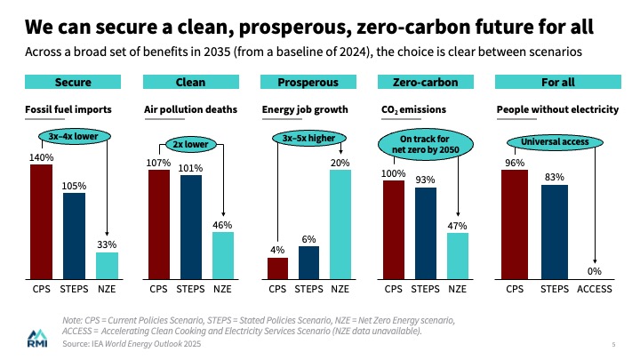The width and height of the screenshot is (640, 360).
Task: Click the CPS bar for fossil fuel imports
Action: [x=42, y=221]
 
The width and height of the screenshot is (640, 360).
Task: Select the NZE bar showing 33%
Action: [x=107, y=265]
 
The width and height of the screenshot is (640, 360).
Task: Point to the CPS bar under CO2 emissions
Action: [x=394, y=224]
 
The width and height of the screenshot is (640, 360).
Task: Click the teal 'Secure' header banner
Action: [x=74, y=83]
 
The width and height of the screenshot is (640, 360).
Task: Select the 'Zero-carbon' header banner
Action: [x=425, y=83]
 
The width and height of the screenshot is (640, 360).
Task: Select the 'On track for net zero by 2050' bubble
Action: [x=425, y=145]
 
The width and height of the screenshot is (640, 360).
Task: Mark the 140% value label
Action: [x=42, y=156]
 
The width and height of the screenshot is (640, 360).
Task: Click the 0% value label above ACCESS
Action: [x=594, y=271]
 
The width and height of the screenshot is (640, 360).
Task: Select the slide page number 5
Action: [x=614, y=343]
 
